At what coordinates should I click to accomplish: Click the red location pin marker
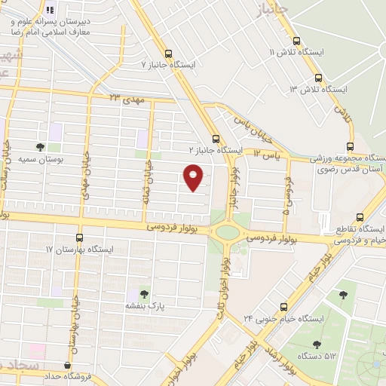(x=194, y=176)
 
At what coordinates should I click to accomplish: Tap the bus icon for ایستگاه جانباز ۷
(x=167, y=54)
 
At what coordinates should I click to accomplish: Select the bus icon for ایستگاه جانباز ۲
(x=216, y=139)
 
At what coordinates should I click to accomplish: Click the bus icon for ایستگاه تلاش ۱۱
(x=293, y=41)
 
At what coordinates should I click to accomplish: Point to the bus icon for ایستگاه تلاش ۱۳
(x=318, y=78)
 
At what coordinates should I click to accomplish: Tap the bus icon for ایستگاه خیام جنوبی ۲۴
(x=283, y=307)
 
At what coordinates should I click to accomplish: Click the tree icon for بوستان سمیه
(x=40, y=148)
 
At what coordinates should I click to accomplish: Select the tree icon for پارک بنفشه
(x=143, y=294)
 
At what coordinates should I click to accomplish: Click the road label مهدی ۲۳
(x=125, y=97)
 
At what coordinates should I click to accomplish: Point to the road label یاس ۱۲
(x=267, y=154)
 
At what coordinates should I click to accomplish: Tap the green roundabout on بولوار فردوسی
(x=227, y=232)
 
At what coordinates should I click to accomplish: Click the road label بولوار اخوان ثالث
(x=225, y=287)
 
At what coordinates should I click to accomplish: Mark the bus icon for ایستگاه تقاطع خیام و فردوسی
(x=360, y=216)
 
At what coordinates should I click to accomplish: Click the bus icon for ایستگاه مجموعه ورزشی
(x=349, y=146)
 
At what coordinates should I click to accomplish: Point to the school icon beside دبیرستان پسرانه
(x=50, y=10)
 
